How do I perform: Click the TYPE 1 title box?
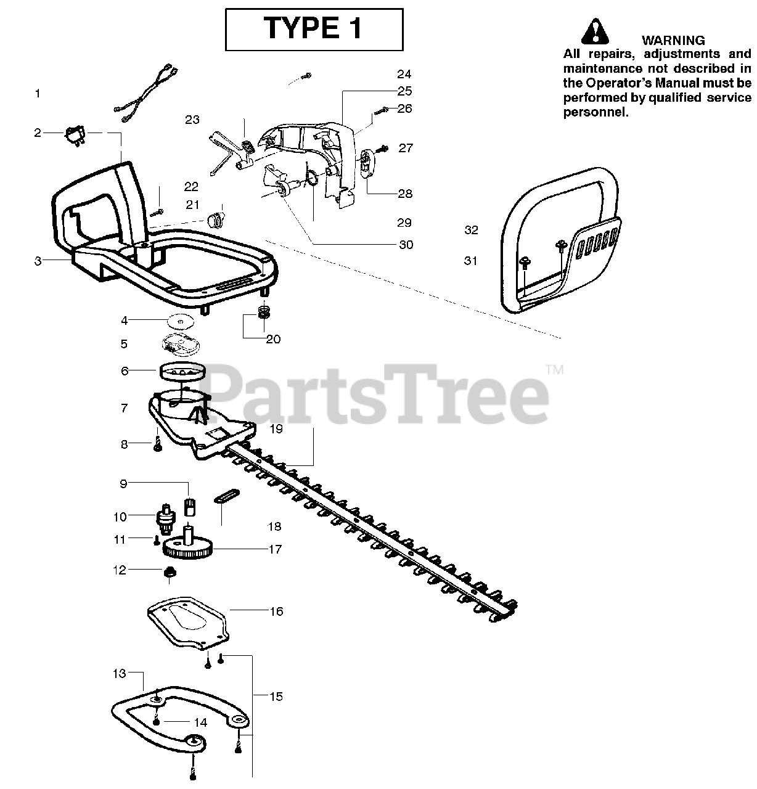tap(314, 29)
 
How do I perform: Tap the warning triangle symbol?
tap(593, 31)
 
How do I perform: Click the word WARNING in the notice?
tap(673, 41)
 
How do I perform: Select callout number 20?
tap(272, 339)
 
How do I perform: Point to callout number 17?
tap(275, 549)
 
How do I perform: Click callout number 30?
tap(406, 245)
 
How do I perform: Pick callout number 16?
tap(276, 611)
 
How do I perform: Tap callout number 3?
tap(38, 261)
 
